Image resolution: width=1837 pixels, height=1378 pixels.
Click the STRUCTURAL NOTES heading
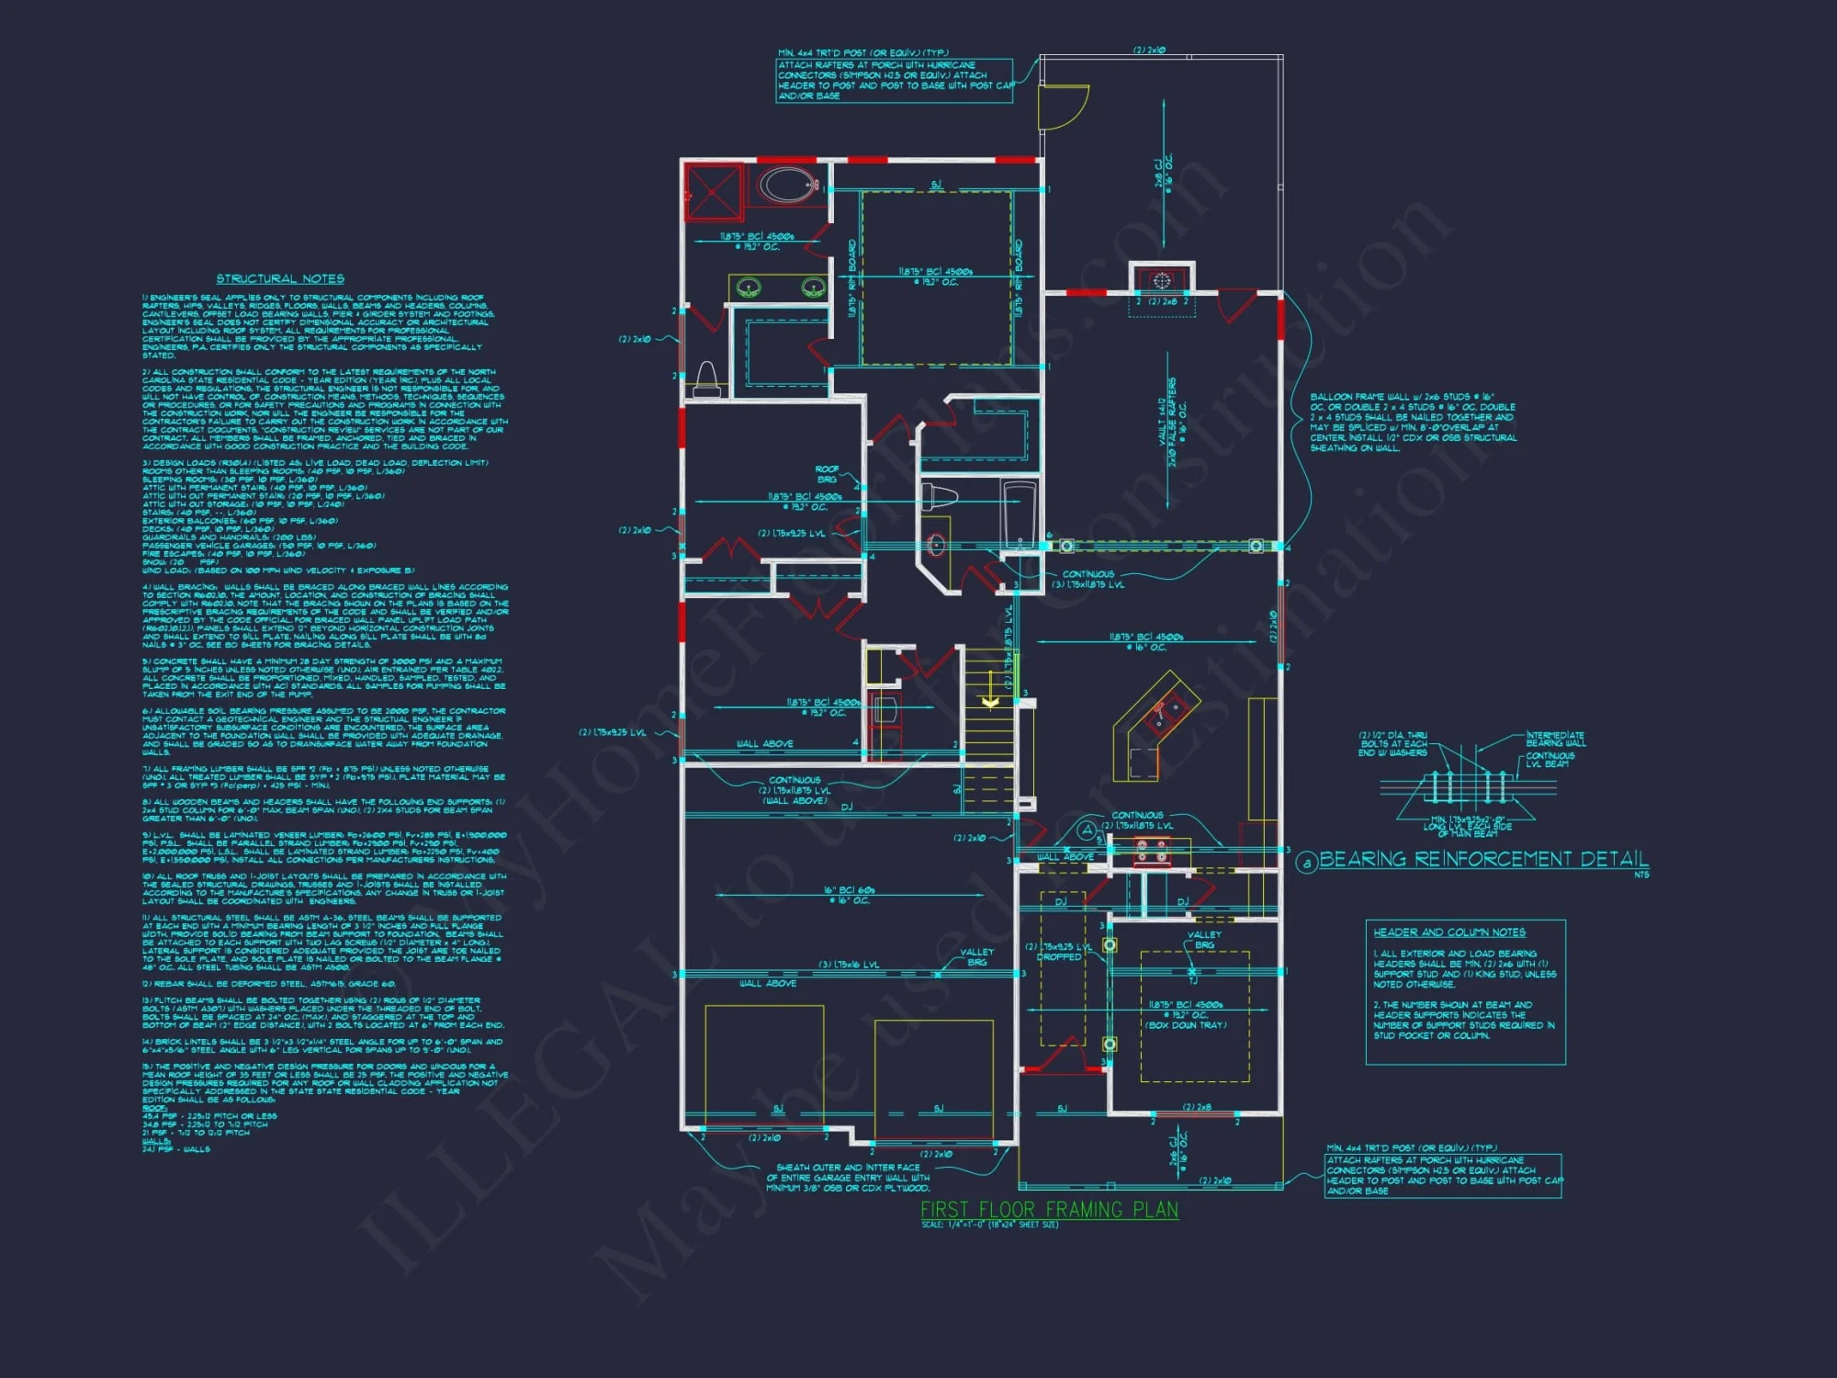coord(280,278)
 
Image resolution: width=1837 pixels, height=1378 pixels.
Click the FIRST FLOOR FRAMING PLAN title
coord(1049,1209)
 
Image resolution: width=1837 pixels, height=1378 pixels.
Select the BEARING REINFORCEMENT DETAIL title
coord(1483,859)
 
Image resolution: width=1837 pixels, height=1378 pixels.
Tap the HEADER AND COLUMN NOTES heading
coord(1449,932)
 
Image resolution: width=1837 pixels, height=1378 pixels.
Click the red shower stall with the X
coord(714,191)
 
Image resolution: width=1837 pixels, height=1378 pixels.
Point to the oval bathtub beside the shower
coord(788,185)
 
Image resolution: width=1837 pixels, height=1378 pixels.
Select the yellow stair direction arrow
coord(990,701)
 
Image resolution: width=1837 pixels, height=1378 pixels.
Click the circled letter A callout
coord(1087,830)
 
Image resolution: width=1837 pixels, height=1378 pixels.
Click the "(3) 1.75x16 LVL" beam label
coord(849,965)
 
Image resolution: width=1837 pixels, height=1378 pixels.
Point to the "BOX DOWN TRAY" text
coord(1186,1024)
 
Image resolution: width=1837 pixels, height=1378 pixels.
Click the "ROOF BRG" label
coord(827,474)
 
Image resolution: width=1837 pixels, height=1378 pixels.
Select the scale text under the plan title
coord(989,1225)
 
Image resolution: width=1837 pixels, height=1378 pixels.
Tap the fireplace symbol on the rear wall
coord(1162,279)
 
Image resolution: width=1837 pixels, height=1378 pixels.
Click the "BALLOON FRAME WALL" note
coord(1413,423)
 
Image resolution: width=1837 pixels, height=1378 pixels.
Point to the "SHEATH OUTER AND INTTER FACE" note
coord(848,1178)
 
